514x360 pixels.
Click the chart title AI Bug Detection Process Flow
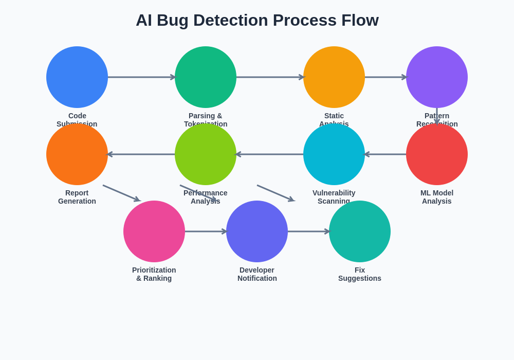tap(257, 20)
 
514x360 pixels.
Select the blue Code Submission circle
tap(77, 77)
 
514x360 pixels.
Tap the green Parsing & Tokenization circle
tap(206, 77)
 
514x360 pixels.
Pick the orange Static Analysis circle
tap(334, 77)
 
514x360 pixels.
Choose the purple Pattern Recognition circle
tap(437, 77)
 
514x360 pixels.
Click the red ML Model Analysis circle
tap(437, 154)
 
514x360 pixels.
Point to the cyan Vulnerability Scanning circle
tap(334, 154)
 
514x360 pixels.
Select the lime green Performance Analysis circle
tap(206, 154)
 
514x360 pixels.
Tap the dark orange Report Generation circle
tap(77, 154)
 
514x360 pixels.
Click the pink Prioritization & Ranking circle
tap(154, 231)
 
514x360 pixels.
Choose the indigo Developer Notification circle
tap(257, 231)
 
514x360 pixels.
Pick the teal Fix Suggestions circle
tap(360, 231)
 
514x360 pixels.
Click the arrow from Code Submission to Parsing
tap(141, 77)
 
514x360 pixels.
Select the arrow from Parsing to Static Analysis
tap(270, 77)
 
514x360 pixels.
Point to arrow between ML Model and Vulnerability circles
tap(385, 154)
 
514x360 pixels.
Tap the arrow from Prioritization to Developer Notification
tap(206, 231)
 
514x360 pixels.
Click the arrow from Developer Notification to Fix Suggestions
tap(308, 231)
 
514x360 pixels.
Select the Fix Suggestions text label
tap(360, 274)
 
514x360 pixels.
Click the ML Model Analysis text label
tap(437, 197)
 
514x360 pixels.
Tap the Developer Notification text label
tap(257, 274)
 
